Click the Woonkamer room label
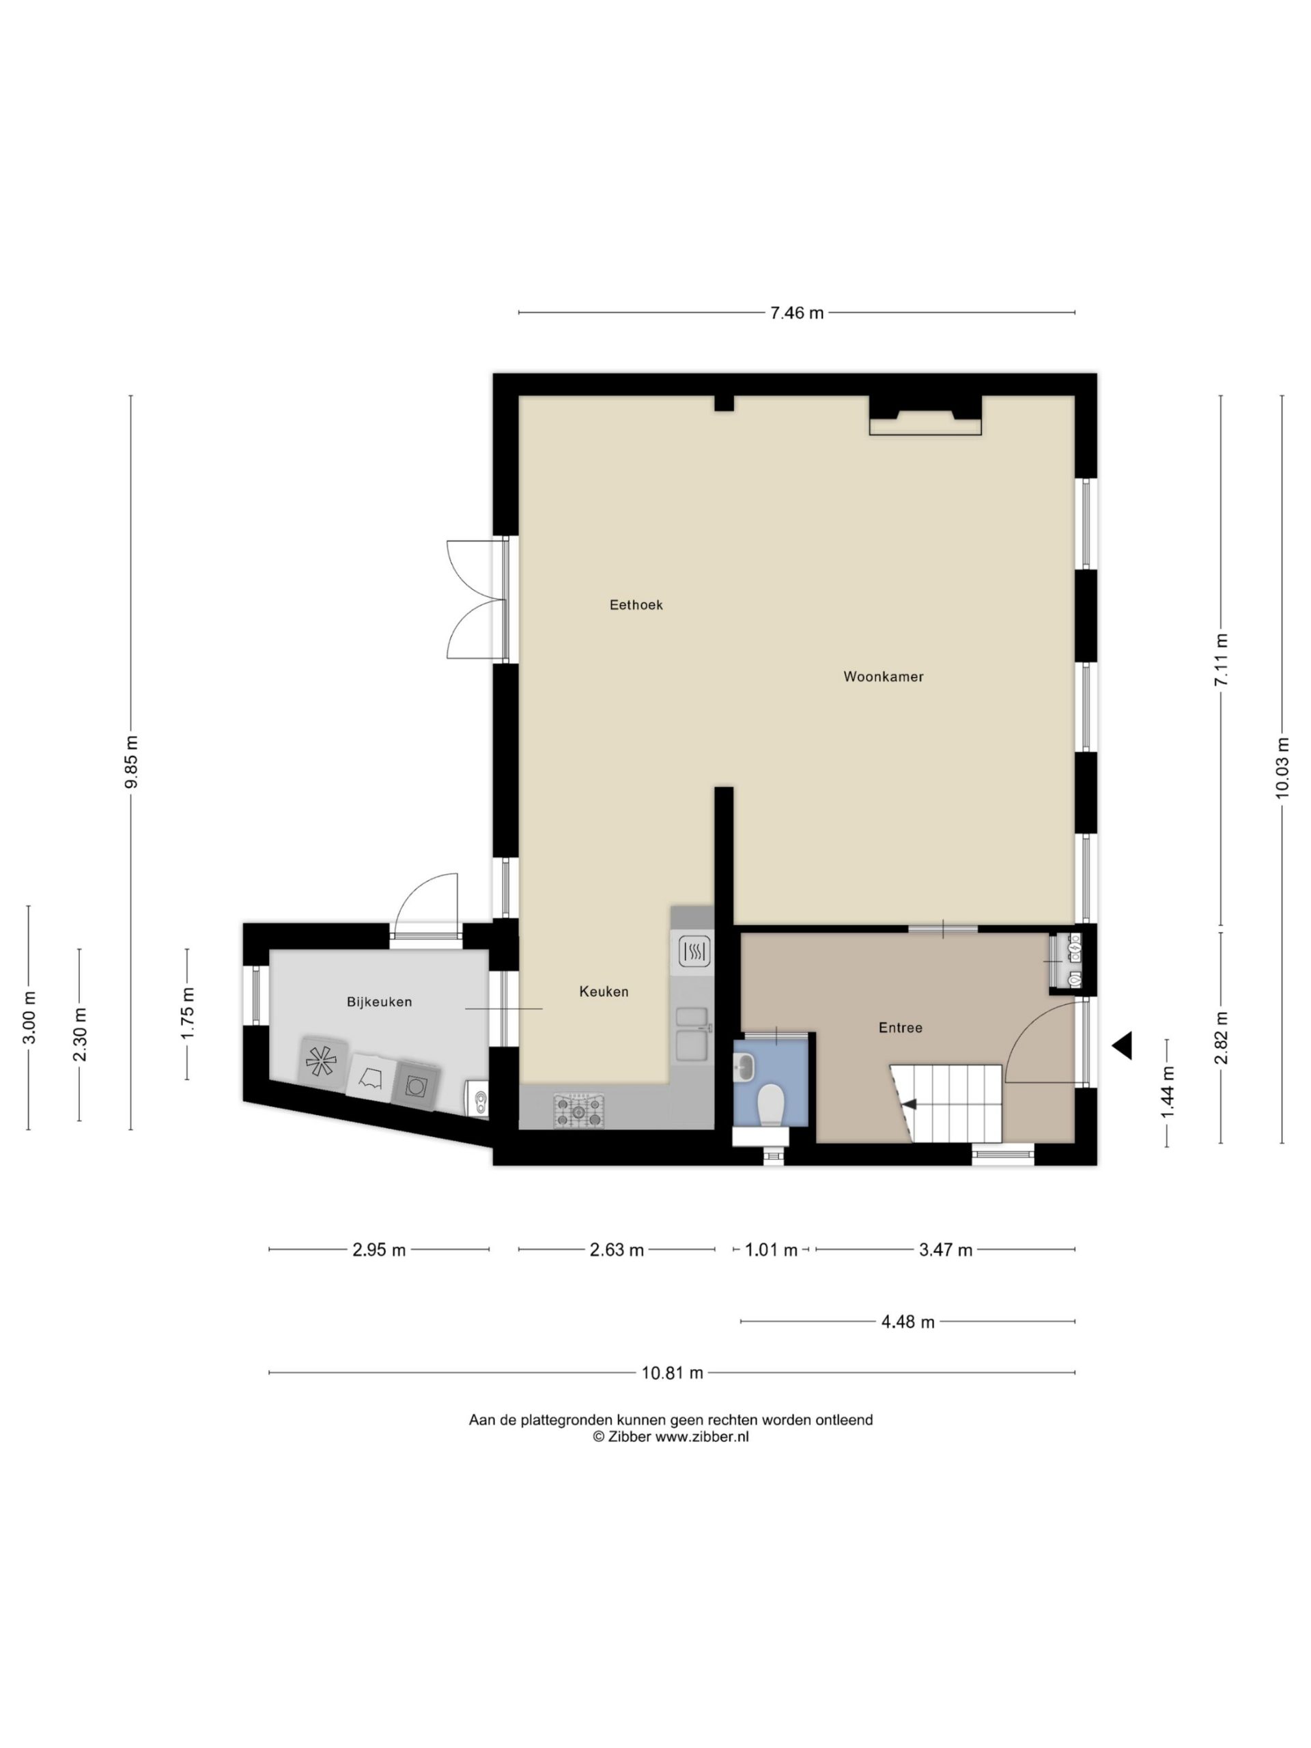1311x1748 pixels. pos(883,677)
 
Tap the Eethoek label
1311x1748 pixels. pos(636,604)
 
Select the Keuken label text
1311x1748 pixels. pos(604,991)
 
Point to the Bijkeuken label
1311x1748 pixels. pos(380,1001)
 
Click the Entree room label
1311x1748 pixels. pos(900,1028)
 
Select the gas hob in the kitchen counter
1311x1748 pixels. pos(578,1110)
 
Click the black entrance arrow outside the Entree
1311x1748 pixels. pos(1122,1045)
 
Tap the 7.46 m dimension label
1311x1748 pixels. pos(797,313)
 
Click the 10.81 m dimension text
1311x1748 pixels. pos(672,1372)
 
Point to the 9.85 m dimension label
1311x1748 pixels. pos(131,762)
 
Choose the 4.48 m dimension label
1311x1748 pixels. pos(908,1322)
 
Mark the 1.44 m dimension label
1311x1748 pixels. pos(1167,1091)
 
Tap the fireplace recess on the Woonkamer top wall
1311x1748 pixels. pos(925,415)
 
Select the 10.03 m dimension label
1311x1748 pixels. pos(1282,767)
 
